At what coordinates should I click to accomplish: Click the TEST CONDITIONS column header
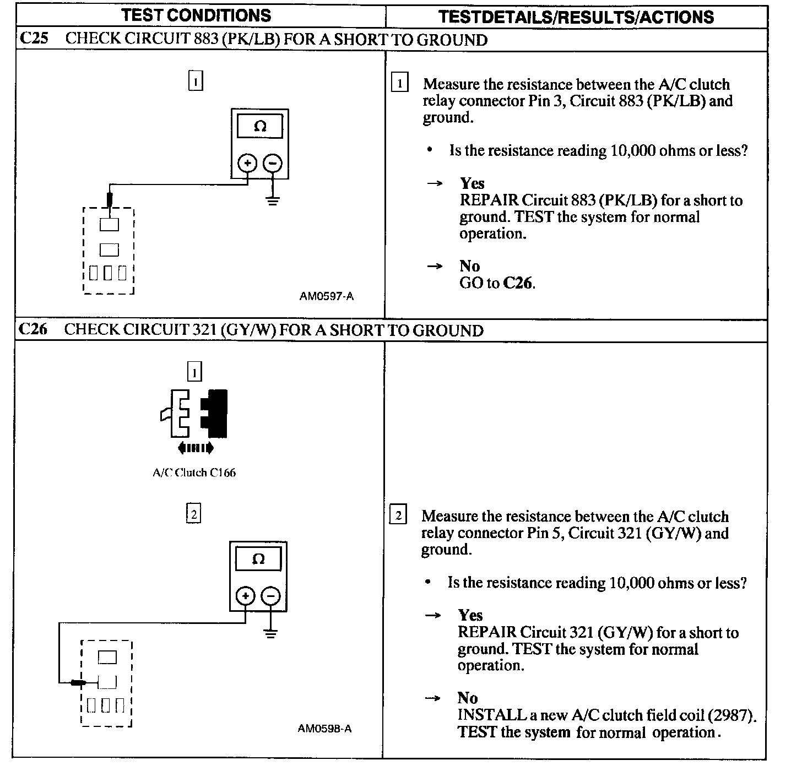(x=197, y=15)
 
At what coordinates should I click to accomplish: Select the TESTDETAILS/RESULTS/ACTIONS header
(x=576, y=17)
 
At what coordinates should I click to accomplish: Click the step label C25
(x=34, y=39)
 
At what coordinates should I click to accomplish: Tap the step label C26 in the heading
(x=33, y=329)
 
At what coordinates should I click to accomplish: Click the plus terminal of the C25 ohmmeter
(x=247, y=163)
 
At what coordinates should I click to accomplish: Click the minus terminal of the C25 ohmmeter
(x=273, y=163)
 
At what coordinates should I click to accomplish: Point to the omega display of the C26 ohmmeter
(x=258, y=560)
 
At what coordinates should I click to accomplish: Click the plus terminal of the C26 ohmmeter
(x=245, y=596)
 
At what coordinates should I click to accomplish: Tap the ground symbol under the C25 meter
(x=273, y=199)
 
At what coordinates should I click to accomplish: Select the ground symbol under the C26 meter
(x=270, y=632)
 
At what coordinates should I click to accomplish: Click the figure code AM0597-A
(x=327, y=296)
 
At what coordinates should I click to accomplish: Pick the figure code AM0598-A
(x=325, y=729)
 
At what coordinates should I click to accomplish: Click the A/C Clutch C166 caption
(x=194, y=473)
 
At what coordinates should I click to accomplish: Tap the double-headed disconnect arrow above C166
(x=196, y=448)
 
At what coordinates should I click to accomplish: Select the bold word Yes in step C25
(x=472, y=183)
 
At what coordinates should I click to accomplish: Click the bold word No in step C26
(x=467, y=698)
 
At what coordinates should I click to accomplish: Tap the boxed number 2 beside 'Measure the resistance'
(x=398, y=516)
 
